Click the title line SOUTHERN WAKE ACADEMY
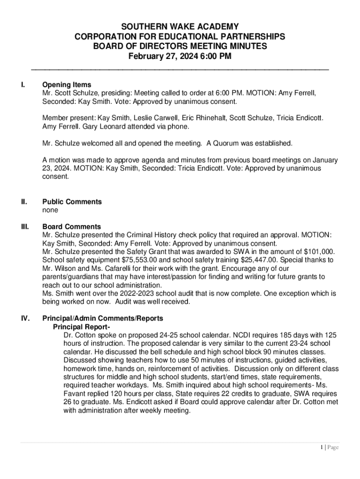click(x=180, y=27)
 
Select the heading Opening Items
click(x=67, y=85)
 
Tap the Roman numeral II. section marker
click(x=24, y=202)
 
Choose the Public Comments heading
click(x=72, y=202)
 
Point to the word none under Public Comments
click(x=50, y=210)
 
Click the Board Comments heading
click(x=72, y=226)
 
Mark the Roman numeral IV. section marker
click(x=25, y=318)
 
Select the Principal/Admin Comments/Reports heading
click(x=103, y=318)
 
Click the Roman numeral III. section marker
click(x=25, y=226)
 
